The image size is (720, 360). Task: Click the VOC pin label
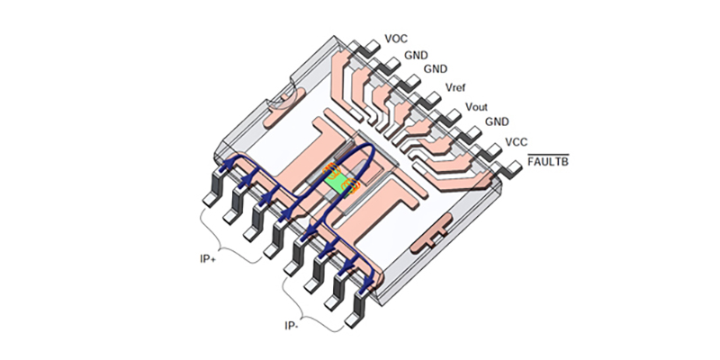click(x=396, y=39)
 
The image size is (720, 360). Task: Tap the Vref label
click(x=456, y=87)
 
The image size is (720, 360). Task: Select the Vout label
click(x=476, y=107)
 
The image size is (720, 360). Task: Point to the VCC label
click(x=517, y=142)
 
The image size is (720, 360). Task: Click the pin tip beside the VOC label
click(x=369, y=45)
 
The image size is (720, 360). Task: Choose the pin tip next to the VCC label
click(x=495, y=148)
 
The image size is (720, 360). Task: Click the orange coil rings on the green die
click(x=350, y=184)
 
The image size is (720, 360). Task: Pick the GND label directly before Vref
click(x=436, y=68)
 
